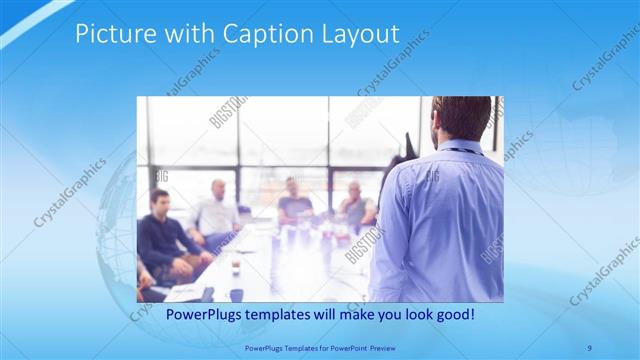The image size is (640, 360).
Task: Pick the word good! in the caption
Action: (x=453, y=314)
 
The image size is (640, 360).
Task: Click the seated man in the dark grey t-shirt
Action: (x=295, y=200)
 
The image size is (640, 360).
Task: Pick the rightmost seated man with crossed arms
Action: (x=355, y=205)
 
